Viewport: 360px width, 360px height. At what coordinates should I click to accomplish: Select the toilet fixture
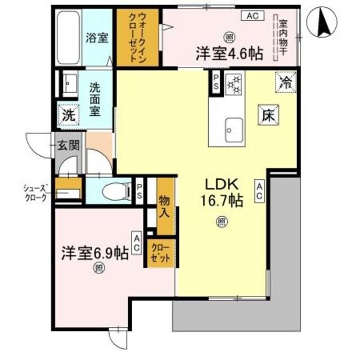coord(112,191)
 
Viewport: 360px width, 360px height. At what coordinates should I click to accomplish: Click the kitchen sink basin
coord(233,131)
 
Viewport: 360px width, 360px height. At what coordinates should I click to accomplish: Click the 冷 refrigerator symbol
coord(286,83)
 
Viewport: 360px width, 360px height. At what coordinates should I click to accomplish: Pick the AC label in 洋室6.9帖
coord(136,243)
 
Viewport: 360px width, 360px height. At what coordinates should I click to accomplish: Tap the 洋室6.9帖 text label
coord(95,253)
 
